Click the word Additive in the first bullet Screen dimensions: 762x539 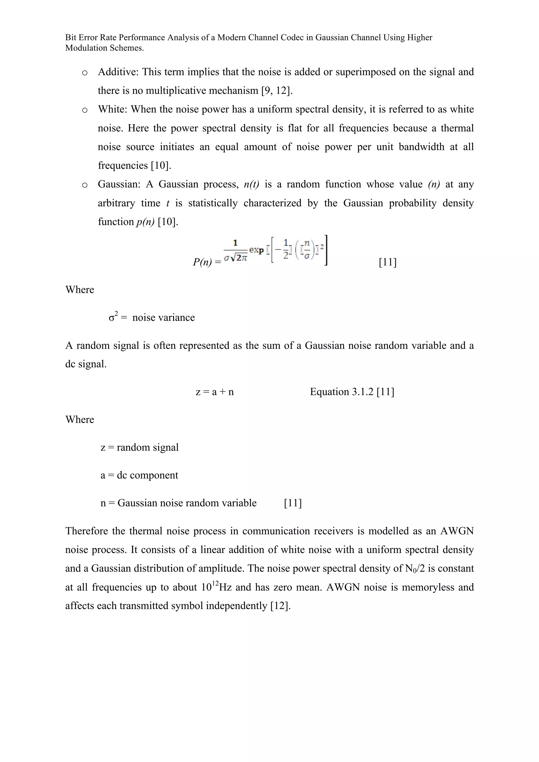coord(118,72)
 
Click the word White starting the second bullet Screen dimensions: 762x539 coord(112,110)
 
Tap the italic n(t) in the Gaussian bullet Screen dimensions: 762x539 coord(251,184)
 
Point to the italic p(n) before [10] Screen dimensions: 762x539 coord(145,222)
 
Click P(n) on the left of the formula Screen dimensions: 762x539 coord(203,262)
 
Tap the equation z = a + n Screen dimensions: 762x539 coord(214,392)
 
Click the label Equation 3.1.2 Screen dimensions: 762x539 coord(342,392)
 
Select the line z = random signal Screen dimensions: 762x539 coord(139,447)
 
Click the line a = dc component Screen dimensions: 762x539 coord(139,475)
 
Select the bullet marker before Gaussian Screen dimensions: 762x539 coord(85,185)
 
